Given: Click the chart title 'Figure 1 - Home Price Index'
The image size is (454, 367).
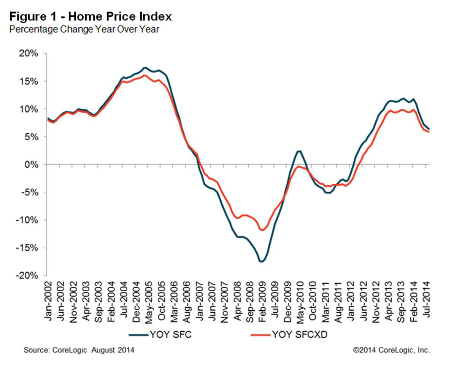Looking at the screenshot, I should click(x=90, y=17).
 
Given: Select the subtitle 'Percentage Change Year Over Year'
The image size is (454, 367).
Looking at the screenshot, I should click(x=84, y=29).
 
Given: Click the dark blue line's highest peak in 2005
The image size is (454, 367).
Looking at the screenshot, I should click(x=144, y=68).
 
